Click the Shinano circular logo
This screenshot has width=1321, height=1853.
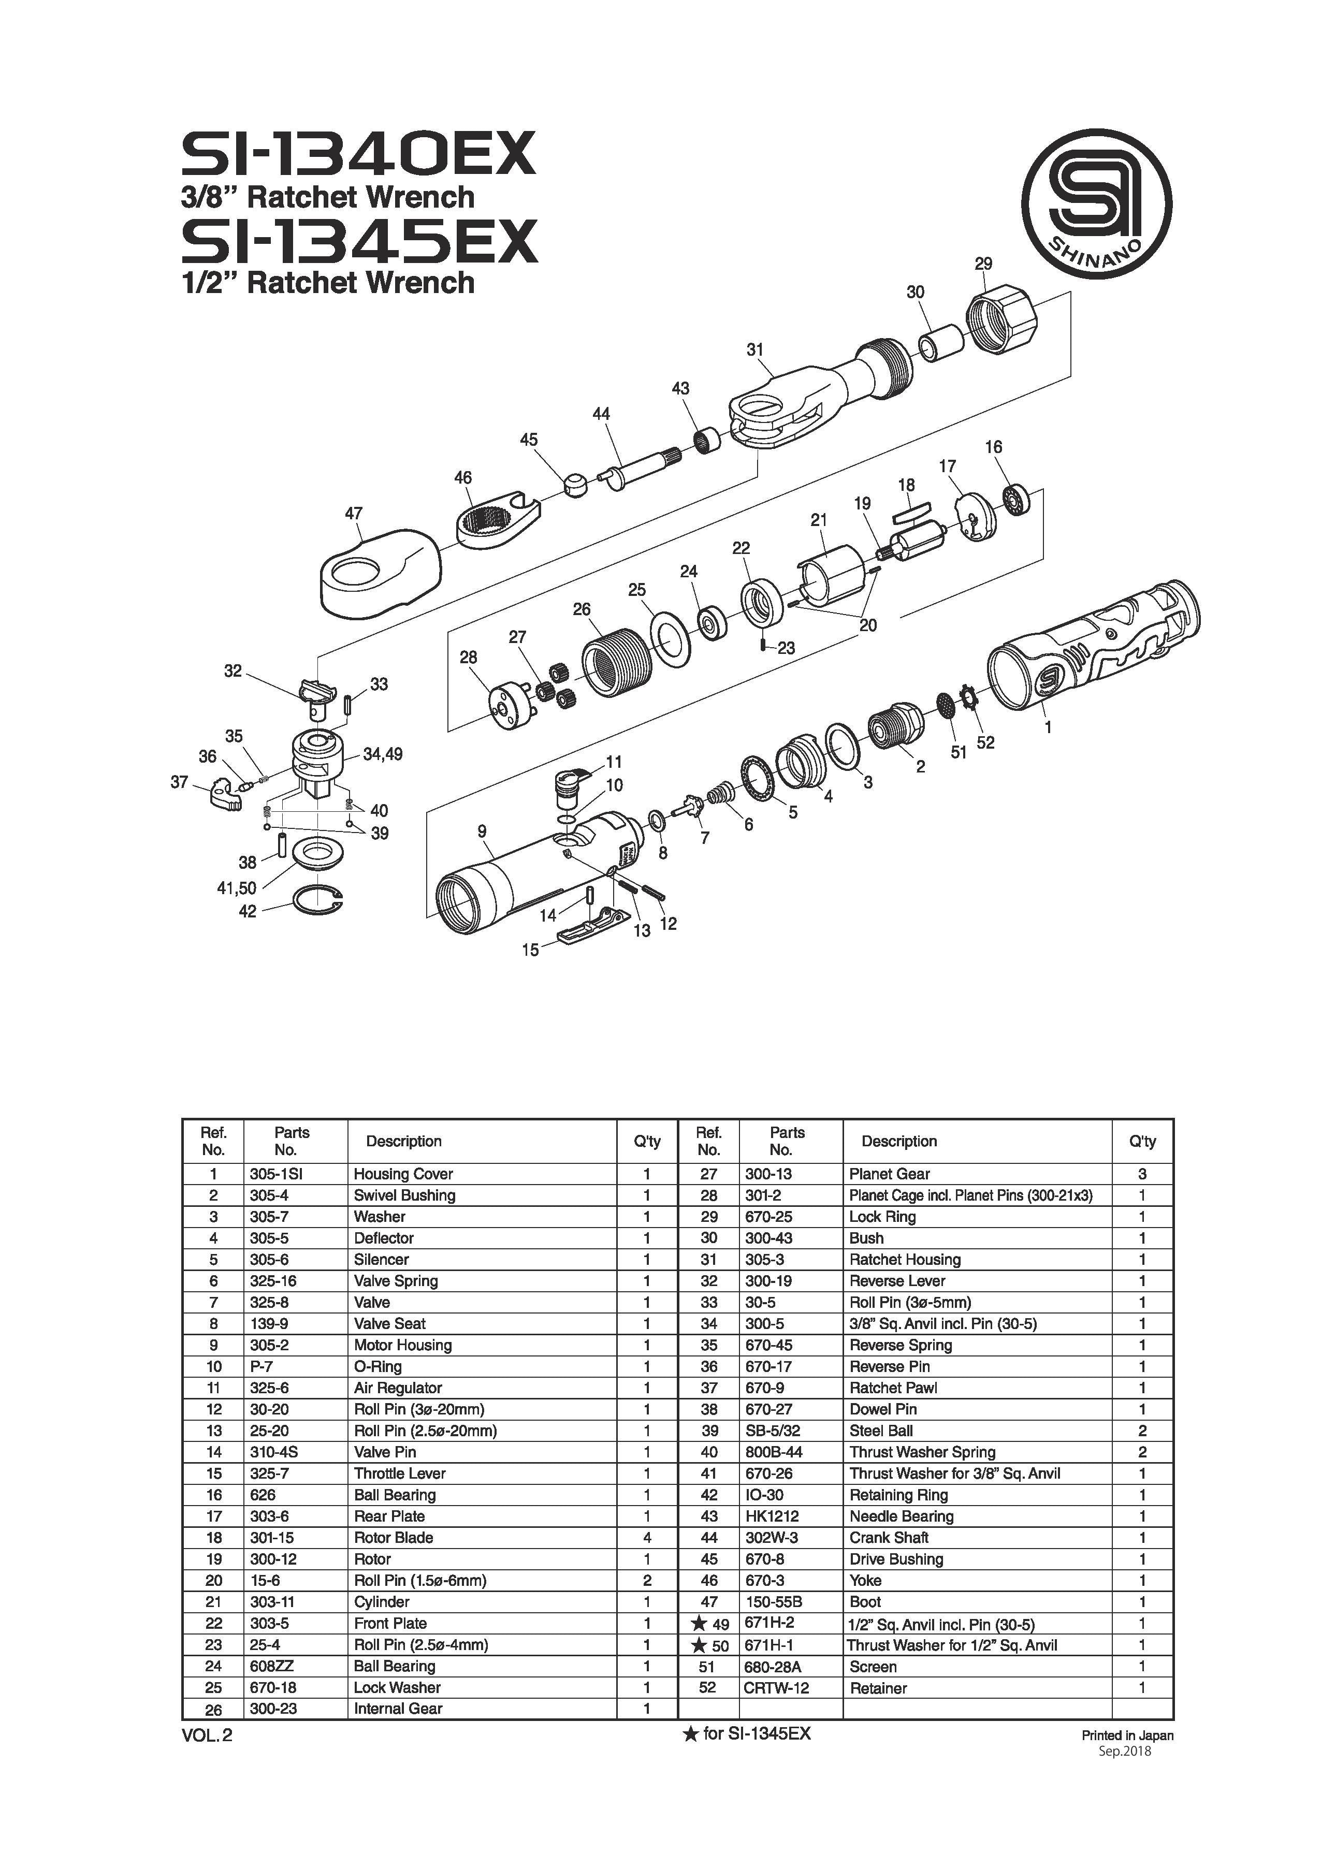coord(1096,203)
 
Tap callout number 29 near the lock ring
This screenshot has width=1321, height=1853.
coord(983,264)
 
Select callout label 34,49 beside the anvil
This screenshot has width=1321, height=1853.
coord(382,754)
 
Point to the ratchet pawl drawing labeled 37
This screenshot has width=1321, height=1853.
coord(221,795)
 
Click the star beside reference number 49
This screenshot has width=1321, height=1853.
coord(698,1624)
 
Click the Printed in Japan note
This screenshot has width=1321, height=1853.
coord(1127,1734)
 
